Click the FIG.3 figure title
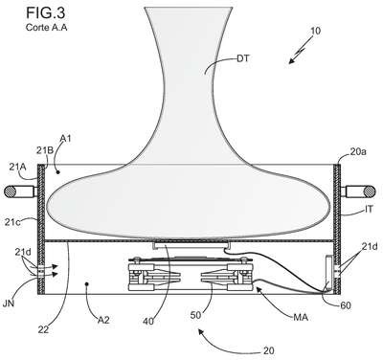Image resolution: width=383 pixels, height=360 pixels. click(x=46, y=12)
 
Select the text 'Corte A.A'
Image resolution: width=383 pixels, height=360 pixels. click(x=46, y=28)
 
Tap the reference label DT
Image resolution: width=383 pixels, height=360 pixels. click(x=243, y=58)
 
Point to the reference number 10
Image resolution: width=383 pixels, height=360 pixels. click(x=315, y=31)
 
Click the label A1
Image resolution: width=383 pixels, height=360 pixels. click(x=65, y=139)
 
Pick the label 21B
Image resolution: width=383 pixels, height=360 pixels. click(x=45, y=150)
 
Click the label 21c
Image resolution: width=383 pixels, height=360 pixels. click(x=12, y=221)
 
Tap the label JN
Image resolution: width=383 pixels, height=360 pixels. click(x=9, y=303)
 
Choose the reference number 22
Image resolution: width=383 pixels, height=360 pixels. click(x=43, y=329)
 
